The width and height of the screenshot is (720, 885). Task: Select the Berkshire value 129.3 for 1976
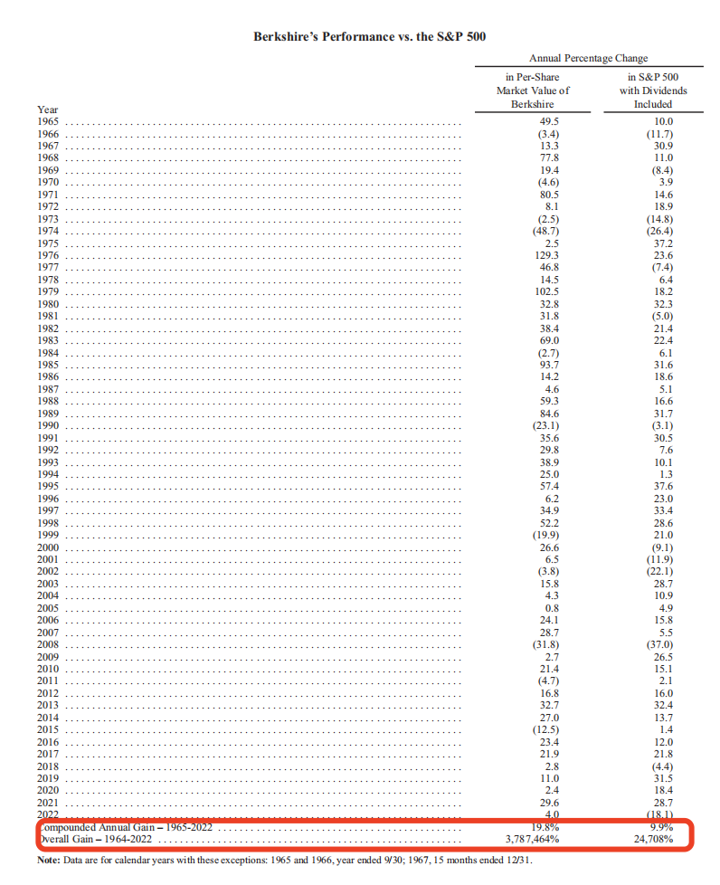pyautogui.click(x=549, y=255)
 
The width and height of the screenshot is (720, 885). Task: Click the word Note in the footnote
pyautogui.click(x=49, y=861)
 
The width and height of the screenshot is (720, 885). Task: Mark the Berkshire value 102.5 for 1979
pyautogui.click(x=549, y=291)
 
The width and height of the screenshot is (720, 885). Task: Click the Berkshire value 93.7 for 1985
pyautogui.click(x=549, y=365)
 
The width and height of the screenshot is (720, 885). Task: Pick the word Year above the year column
pyautogui.click(x=47, y=109)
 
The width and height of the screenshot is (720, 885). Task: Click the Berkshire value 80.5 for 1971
pyautogui.click(x=549, y=195)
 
